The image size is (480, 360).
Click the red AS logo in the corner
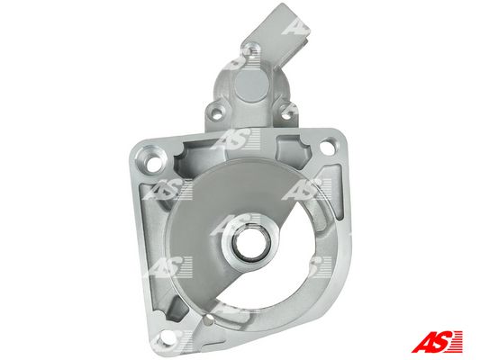437,342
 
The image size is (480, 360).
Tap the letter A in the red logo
421,342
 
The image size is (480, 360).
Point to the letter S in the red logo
440,342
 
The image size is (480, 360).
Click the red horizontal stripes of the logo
457,342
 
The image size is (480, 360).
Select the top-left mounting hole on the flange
153,164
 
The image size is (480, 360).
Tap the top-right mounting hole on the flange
328,147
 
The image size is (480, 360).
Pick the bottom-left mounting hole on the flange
168,337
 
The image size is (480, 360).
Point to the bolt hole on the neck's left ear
217,112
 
